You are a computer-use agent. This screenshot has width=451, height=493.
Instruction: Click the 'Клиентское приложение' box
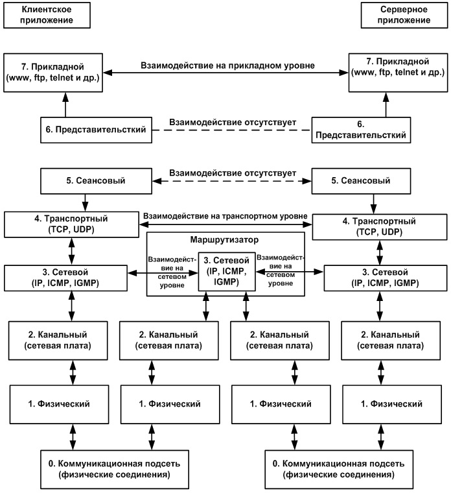click(x=47, y=15)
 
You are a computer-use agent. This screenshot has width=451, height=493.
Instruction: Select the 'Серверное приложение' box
click(x=404, y=15)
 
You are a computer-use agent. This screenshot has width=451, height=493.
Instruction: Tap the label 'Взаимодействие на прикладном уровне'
click(x=227, y=66)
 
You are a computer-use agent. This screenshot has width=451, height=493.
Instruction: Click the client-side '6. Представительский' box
click(x=96, y=130)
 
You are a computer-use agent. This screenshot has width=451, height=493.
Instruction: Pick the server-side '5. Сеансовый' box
click(x=361, y=181)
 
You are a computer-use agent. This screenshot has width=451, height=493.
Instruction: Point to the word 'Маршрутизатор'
click(x=224, y=240)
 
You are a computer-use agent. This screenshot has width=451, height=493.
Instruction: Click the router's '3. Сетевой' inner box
click(x=226, y=271)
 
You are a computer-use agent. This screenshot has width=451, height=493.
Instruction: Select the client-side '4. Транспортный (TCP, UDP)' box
click(x=71, y=224)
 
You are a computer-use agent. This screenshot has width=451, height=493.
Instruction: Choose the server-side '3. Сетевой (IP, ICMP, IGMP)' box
click(x=386, y=278)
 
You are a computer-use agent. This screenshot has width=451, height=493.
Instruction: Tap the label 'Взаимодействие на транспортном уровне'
click(x=225, y=216)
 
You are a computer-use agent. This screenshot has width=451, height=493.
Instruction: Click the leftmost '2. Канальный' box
click(x=58, y=341)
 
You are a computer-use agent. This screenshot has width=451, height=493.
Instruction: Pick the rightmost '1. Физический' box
click(x=391, y=404)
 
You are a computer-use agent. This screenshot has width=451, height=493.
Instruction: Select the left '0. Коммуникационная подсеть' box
click(x=114, y=470)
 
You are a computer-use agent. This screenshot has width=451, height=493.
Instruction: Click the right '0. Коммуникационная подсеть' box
click(x=338, y=470)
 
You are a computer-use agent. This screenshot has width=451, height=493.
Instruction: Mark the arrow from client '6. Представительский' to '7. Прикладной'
click(x=65, y=104)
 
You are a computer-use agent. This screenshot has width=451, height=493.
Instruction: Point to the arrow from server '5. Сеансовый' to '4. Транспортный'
click(x=373, y=204)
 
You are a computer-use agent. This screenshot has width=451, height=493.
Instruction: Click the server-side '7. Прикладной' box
click(x=398, y=73)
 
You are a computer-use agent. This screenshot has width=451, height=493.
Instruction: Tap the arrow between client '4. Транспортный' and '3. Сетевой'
click(x=72, y=251)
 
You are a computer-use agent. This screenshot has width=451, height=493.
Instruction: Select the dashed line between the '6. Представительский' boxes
click(x=232, y=130)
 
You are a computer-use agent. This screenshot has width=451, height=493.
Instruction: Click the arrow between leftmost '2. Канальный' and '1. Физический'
click(x=73, y=372)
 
